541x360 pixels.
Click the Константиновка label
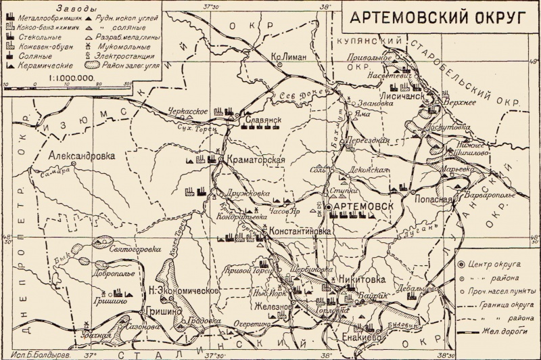tap(300, 231)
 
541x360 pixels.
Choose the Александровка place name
tap(82, 155)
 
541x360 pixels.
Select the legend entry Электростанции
tap(120, 56)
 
